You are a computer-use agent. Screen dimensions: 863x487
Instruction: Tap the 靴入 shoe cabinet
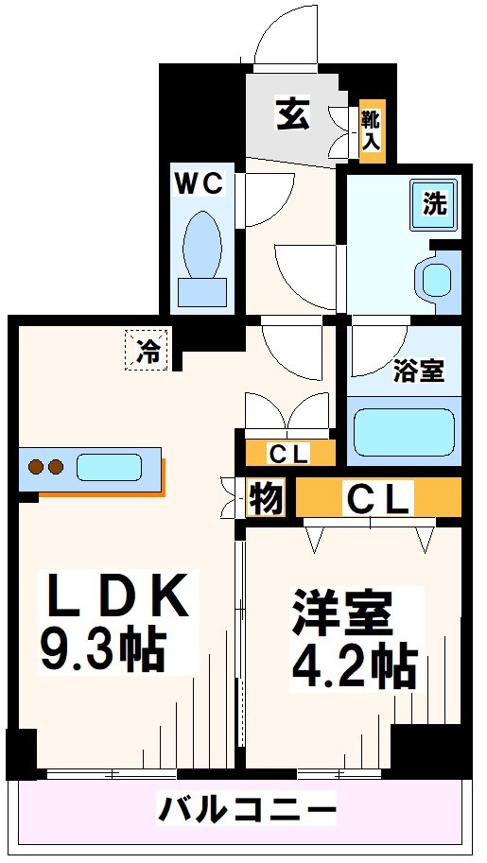click(x=372, y=129)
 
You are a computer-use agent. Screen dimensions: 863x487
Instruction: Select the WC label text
click(x=199, y=182)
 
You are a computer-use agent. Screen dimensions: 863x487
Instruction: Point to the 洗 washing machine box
click(x=434, y=203)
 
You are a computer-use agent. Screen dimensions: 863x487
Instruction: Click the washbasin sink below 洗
click(x=436, y=278)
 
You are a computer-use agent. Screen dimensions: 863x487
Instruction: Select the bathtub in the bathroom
click(x=405, y=429)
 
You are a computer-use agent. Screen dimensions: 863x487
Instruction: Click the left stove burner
click(x=37, y=467)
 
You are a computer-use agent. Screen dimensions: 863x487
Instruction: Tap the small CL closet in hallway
click(x=289, y=454)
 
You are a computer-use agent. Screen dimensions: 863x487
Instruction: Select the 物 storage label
click(x=266, y=498)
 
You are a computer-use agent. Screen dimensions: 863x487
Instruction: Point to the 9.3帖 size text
click(x=102, y=647)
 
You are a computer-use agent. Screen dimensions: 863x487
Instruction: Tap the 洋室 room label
click(x=341, y=614)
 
